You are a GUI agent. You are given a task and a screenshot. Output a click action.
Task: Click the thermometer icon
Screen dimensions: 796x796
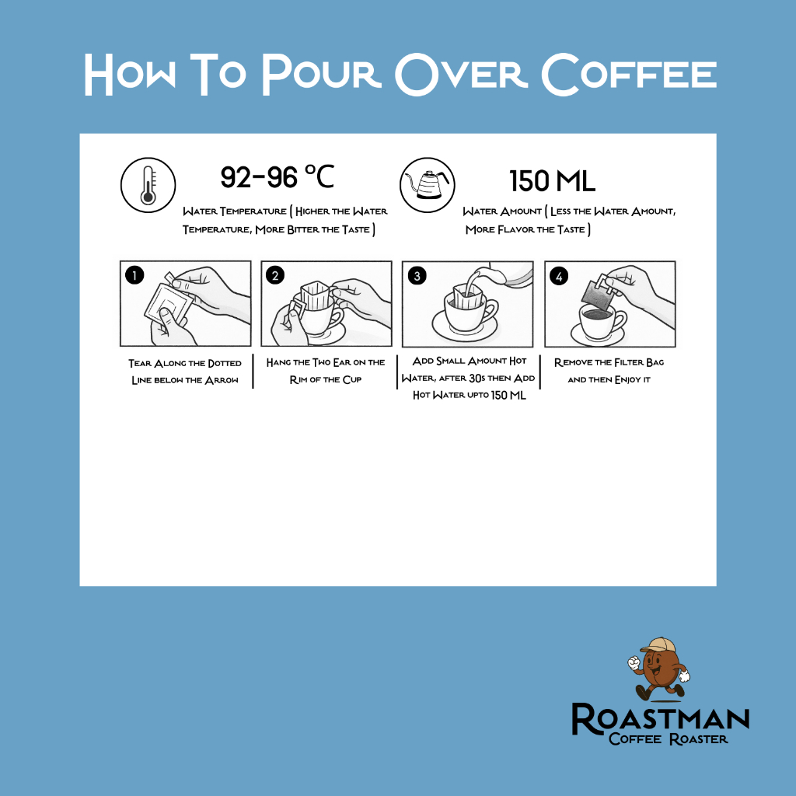click(x=148, y=185)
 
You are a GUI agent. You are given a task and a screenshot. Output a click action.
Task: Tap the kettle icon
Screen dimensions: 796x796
click(x=428, y=185)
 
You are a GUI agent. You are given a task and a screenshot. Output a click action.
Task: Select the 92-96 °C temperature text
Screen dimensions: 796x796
click(x=278, y=177)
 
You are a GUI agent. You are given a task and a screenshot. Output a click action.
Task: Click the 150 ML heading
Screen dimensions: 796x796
click(x=552, y=181)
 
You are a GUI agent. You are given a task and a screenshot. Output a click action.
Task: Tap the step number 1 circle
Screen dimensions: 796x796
click(x=134, y=275)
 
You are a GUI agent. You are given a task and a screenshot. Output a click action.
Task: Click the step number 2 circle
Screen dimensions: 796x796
click(x=275, y=276)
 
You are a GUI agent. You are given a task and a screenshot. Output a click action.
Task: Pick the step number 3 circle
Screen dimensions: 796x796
click(x=417, y=276)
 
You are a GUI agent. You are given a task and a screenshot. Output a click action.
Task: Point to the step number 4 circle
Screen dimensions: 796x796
click(x=559, y=276)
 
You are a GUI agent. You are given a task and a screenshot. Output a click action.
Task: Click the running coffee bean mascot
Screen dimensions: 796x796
click(x=658, y=669)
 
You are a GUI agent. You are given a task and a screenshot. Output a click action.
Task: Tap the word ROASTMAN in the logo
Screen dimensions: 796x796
click(x=661, y=718)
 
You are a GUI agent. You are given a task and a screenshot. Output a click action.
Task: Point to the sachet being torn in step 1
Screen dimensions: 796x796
click(x=169, y=302)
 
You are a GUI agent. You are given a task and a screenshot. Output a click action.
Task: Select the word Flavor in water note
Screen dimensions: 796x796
click(x=516, y=229)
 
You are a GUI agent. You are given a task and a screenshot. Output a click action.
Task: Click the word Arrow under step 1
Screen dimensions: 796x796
click(x=222, y=380)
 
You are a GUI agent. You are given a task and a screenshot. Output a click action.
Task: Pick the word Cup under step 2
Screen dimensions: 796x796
click(x=352, y=379)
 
